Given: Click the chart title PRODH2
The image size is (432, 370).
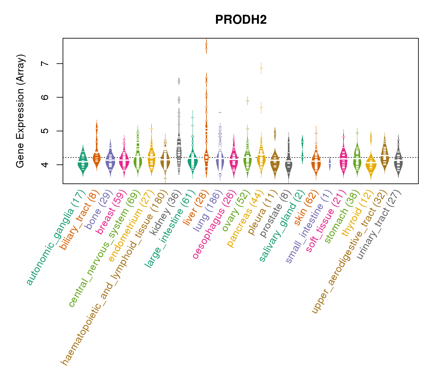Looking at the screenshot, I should tap(241, 20).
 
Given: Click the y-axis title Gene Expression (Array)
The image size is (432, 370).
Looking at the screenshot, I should tap(20, 111).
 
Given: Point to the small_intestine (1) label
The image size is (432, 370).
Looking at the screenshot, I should tap(309, 227).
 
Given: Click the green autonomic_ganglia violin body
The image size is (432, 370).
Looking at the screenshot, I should tap(83, 162).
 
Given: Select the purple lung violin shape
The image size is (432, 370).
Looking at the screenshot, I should tap(220, 160).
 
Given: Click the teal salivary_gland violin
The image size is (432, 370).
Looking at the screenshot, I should tap(302, 148).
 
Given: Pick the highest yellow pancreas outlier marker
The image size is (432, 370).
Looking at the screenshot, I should tap(261, 68).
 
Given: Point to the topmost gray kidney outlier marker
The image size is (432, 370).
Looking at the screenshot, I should tap(179, 81).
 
